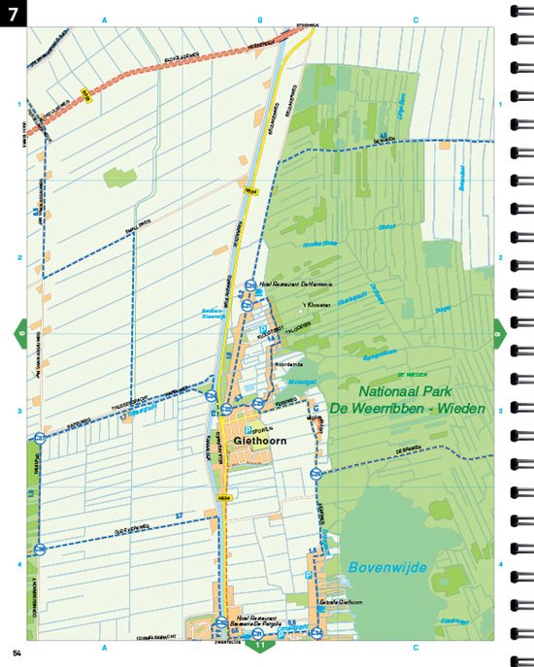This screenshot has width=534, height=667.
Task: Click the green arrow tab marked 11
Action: pyautogui.click(x=258, y=645)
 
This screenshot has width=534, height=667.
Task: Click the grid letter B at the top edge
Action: pyautogui.click(x=260, y=19)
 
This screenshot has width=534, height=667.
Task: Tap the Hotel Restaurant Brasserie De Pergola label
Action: pyautogui.click(x=257, y=620)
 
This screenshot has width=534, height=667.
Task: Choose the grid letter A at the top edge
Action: pyautogui.click(x=104, y=19)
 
